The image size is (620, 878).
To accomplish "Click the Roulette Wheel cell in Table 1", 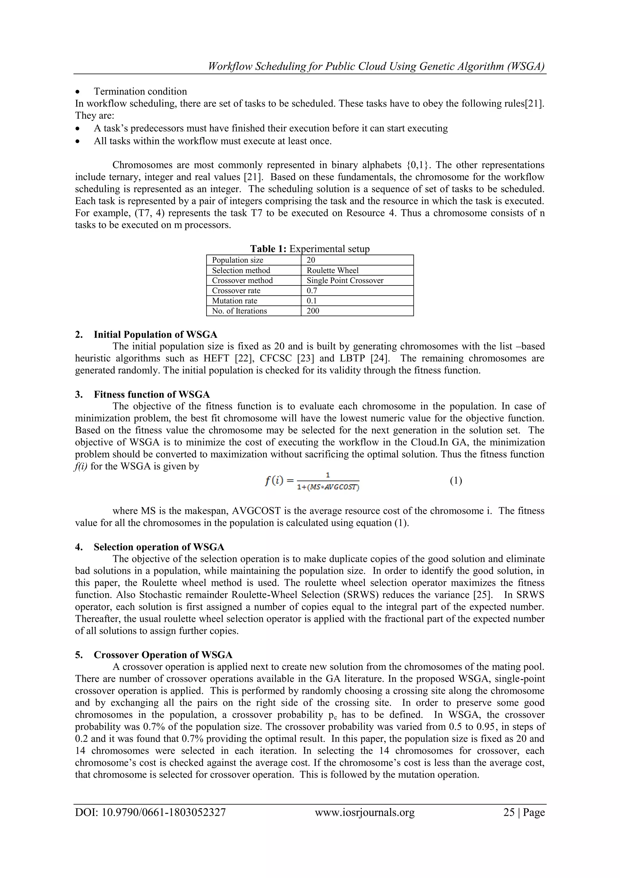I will pos(332,270).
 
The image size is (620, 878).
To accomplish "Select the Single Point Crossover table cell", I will pos(345,280).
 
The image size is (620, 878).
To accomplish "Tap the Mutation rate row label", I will pos(235,301).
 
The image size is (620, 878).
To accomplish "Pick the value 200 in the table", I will pos(313,311).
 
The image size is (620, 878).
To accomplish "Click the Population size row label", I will pos(238,260).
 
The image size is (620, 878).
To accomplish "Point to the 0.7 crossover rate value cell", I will pos(312,291).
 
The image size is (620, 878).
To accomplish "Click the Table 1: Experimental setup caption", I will pos(310,249).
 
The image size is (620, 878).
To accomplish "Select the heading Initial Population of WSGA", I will pos(156,335).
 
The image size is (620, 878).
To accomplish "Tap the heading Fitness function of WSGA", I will pos(152,395).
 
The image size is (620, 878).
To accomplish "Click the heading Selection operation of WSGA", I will pos(159,547).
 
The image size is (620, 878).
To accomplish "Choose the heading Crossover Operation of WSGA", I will pos(163,655).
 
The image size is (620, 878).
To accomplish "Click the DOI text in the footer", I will pos(150,812).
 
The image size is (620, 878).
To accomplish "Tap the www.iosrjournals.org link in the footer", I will pos(364,812).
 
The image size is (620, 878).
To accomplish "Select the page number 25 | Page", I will pos(524,812).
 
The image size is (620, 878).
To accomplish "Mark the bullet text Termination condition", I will pos(140,92).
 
